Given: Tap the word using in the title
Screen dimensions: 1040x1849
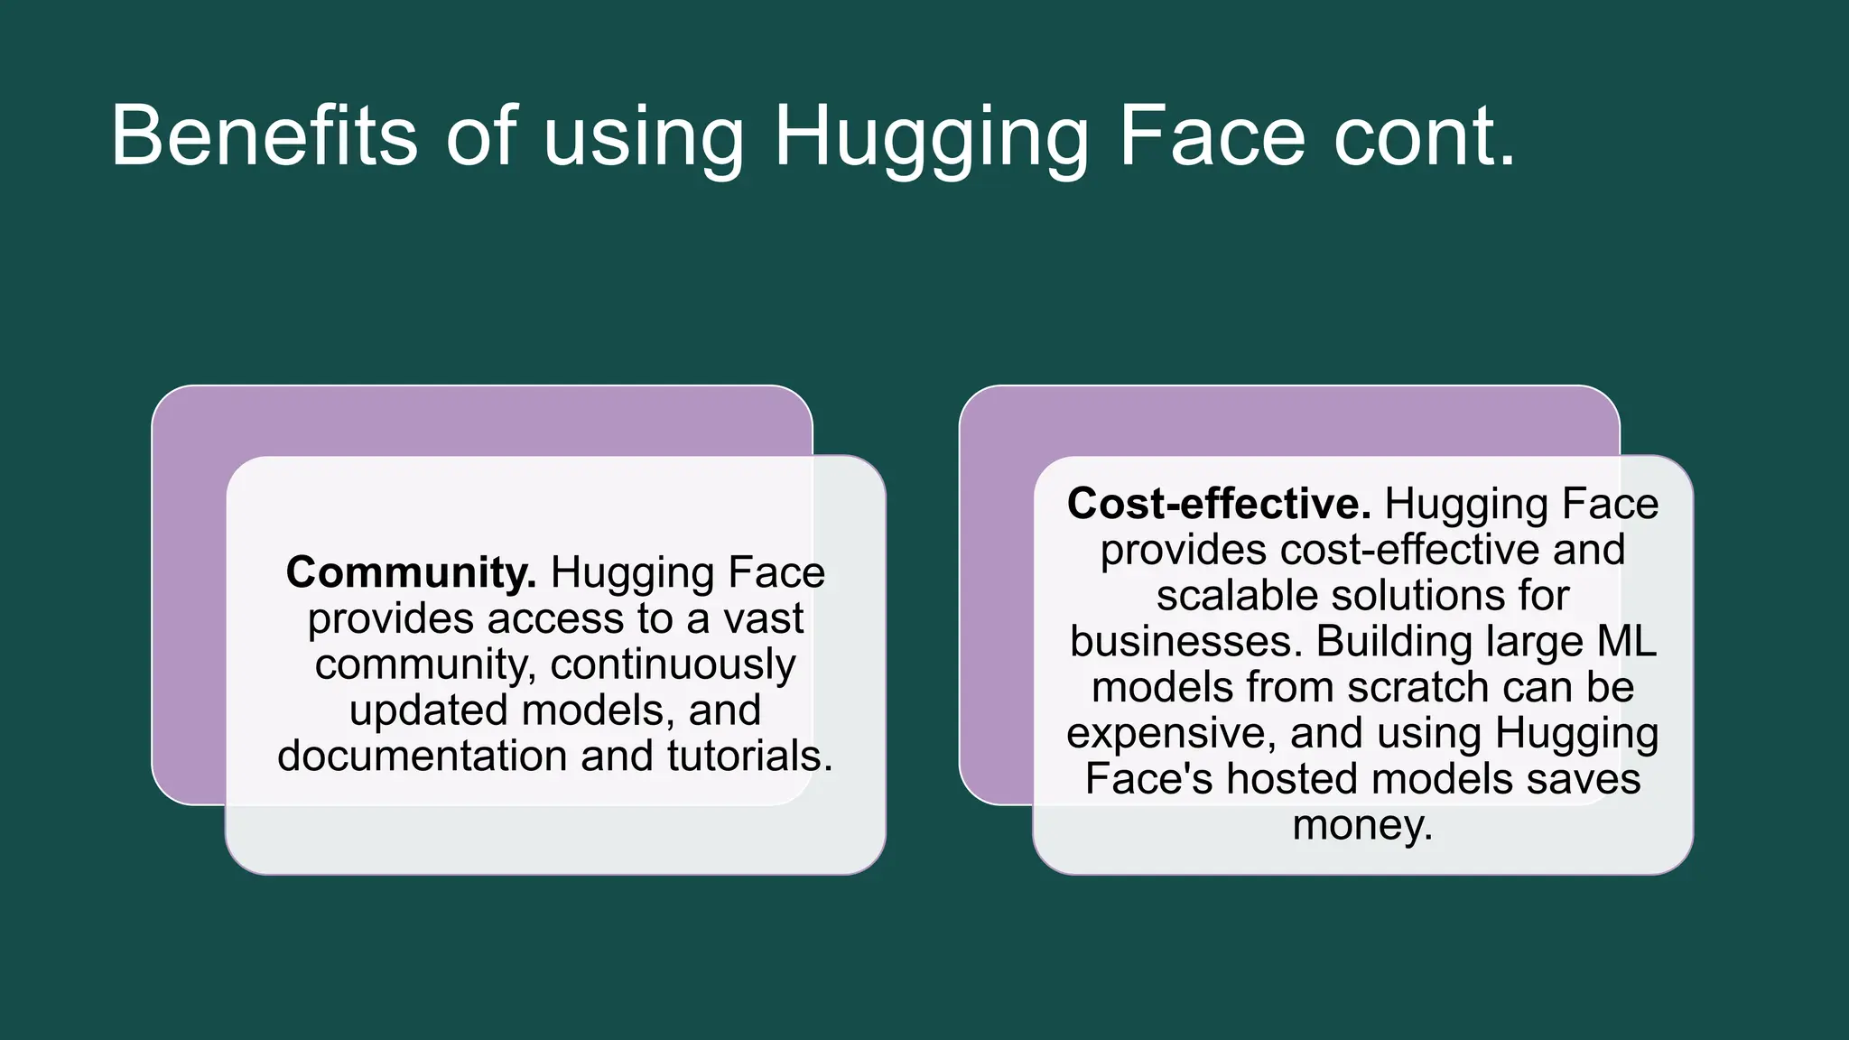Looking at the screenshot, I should (x=644, y=137).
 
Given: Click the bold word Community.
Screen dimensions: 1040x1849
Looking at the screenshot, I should (x=411, y=572).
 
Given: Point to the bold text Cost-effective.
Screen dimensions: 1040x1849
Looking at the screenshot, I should (x=1219, y=504).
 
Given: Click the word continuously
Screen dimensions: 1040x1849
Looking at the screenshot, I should (x=673, y=665).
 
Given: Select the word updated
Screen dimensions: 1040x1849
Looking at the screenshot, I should (x=427, y=710).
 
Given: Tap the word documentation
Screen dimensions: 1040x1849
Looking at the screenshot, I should (x=423, y=756).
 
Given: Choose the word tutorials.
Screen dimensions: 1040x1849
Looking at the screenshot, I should (x=749, y=756).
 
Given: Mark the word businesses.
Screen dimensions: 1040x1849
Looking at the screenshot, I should (x=1186, y=642).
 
